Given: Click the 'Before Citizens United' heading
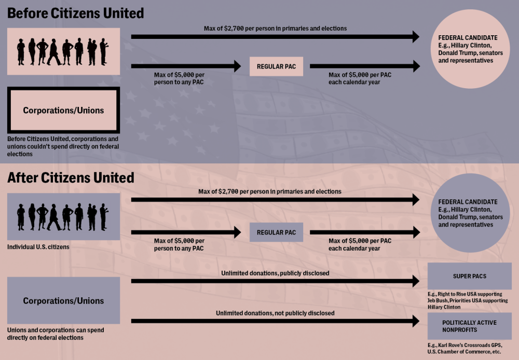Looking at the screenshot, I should pos(76,12).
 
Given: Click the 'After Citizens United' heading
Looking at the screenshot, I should pos(71,177).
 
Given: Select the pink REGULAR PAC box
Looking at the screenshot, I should pos(276,66).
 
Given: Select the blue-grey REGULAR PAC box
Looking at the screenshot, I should pos(276,232).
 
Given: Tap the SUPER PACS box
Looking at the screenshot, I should pos(469,276).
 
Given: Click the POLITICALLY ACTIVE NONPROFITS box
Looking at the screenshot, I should pos(469,326).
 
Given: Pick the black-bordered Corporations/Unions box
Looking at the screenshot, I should pos(63,110).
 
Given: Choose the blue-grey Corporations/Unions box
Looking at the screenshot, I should pos(63,301).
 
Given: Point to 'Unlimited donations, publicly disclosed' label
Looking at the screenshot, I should pos(275,273).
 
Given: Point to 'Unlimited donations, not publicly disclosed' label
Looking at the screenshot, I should pos(275,313).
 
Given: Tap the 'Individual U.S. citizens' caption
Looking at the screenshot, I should pos(38,247).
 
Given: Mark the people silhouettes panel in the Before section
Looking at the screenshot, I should pos(63,51).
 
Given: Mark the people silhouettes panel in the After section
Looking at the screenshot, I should pos(63,216).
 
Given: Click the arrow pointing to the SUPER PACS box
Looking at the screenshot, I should pos(275,282).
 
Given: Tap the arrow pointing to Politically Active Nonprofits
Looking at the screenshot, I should pos(275,322).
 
